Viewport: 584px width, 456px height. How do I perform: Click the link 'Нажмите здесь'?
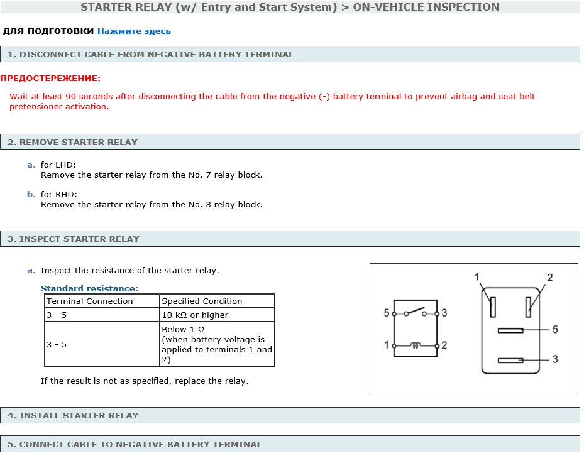click(x=134, y=31)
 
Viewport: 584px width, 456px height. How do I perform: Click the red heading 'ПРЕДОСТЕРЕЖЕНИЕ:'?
click(x=50, y=79)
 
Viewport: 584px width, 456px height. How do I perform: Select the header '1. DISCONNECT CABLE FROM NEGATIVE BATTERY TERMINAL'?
click(x=150, y=54)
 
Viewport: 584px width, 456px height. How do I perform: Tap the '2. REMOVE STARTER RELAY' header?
click(x=72, y=142)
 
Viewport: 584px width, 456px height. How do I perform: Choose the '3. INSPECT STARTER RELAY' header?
click(x=74, y=239)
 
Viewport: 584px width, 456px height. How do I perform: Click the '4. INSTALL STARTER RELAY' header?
click(x=73, y=415)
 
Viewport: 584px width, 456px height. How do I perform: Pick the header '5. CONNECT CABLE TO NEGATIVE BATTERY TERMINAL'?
click(x=135, y=444)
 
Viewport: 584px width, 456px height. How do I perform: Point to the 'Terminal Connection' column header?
click(x=90, y=301)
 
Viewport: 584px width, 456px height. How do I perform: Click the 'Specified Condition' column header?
click(x=202, y=301)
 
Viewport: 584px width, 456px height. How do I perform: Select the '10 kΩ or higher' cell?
click(x=196, y=315)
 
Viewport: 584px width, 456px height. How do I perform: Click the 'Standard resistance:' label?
click(x=89, y=288)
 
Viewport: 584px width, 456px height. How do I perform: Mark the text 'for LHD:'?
click(x=58, y=165)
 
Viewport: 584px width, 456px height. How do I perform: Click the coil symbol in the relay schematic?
click(x=415, y=345)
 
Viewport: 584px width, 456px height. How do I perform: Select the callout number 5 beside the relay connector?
click(x=554, y=329)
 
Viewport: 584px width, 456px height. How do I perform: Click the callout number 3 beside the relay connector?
click(x=554, y=359)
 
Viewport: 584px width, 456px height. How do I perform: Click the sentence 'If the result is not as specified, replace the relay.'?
click(x=145, y=381)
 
